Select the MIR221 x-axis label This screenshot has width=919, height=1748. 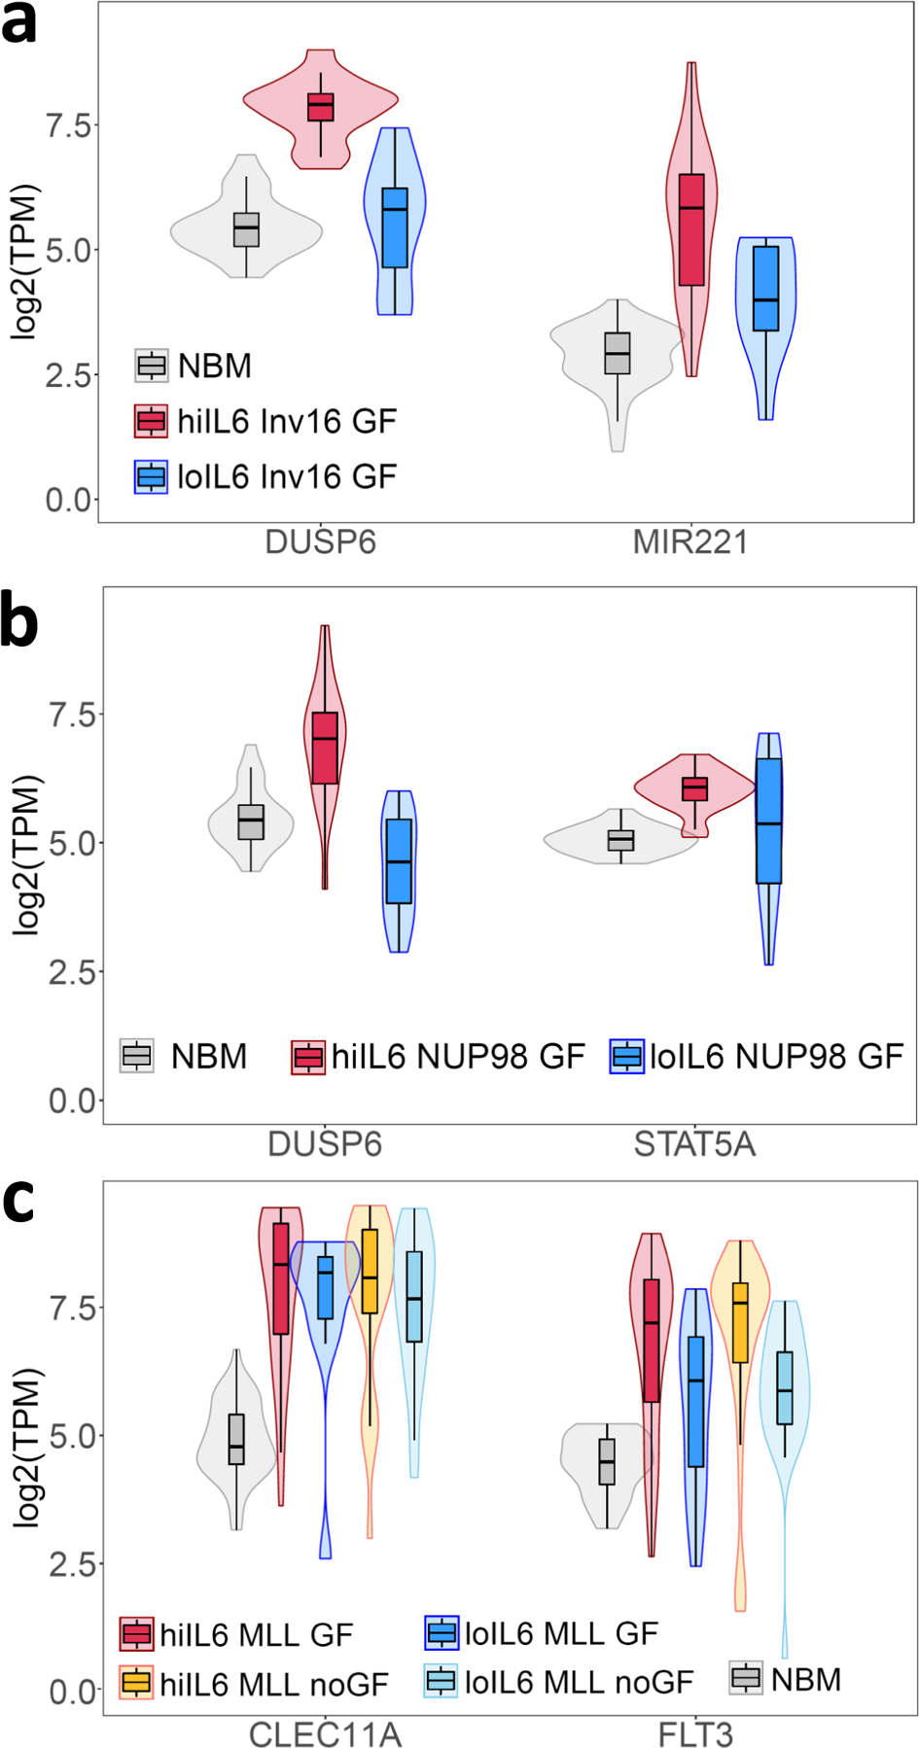tap(690, 542)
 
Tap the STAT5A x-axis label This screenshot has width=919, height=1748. tap(694, 1144)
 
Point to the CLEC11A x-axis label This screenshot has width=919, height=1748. tap(325, 1734)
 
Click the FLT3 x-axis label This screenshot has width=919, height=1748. tap(695, 1734)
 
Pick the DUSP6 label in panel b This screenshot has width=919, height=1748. tap(325, 1144)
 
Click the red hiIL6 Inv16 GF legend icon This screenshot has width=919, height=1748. tap(151, 421)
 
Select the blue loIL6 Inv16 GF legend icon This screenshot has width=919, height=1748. tap(151, 476)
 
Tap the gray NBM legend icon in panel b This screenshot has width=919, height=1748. tap(137, 1055)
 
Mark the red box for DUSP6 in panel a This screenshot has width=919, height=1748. tap(321, 107)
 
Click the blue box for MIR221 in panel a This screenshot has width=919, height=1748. tap(766, 289)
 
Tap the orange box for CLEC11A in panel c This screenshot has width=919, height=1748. tap(370, 1272)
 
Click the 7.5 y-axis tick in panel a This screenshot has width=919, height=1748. tap(68, 125)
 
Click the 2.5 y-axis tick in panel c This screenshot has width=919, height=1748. tap(72, 1563)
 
